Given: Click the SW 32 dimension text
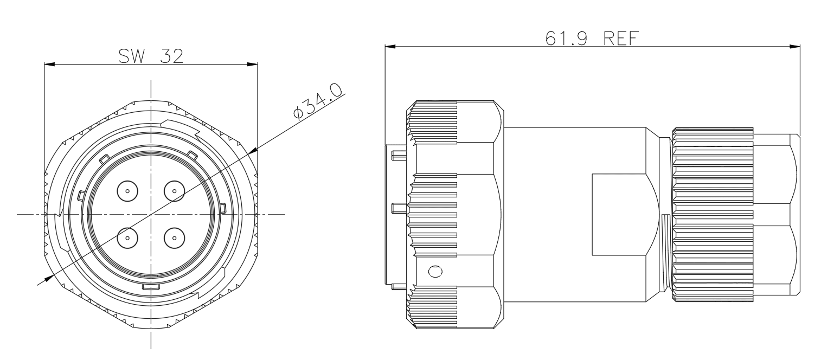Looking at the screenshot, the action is click(x=151, y=56).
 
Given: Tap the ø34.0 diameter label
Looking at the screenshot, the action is click(x=318, y=101).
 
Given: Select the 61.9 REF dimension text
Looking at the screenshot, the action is click(x=592, y=38).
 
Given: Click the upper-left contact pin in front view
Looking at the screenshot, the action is click(x=127, y=191).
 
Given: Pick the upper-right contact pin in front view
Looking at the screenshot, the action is click(x=175, y=191).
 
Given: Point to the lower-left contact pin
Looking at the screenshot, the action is click(x=127, y=238).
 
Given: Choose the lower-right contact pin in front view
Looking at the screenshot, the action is click(x=175, y=238).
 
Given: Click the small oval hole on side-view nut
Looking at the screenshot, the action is click(x=435, y=271).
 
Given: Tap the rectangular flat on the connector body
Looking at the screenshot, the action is click(x=619, y=215).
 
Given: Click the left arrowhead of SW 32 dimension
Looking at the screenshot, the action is click(x=49, y=65).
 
